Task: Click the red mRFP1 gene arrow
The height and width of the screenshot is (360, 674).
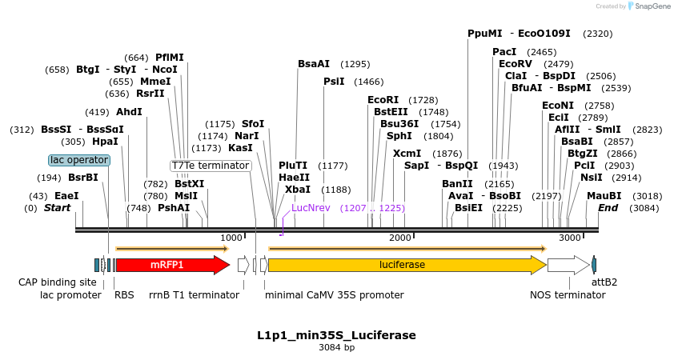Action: pyautogui.click(x=172, y=265)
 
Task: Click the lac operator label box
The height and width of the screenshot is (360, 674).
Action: pyautogui.click(x=79, y=160)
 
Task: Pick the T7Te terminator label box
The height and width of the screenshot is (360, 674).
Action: pyautogui.click(x=211, y=166)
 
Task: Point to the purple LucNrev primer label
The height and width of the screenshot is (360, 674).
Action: pyautogui.click(x=311, y=207)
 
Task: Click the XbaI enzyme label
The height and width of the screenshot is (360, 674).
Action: pyautogui.click(x=297, y=190)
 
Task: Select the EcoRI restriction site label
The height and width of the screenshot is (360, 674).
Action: pyautogui.click(x=383, y=100)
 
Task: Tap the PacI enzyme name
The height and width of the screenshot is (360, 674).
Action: pyautogui.click(x=504, y=52)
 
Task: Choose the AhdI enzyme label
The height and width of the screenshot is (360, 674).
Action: pyautogui.click(x=129, y=112)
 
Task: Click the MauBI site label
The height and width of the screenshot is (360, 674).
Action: pyautogui.click(x=604, y=195)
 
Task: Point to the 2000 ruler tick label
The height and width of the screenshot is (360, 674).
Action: pyautogui.click(x=399, y=238)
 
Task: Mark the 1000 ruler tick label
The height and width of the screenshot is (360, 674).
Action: pyautogui.click(x=231, y=238)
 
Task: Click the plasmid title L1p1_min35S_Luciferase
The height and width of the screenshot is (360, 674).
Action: pyautogui.click(x=336, y=334)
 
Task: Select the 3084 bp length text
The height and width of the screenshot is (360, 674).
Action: pyautogui.click(x=336, y=347)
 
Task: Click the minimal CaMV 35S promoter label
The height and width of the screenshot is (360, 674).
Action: pyautogui.click(x=335, y=294)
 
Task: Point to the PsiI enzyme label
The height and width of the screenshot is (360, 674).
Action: pyautogui.click(x=334, y=82)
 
